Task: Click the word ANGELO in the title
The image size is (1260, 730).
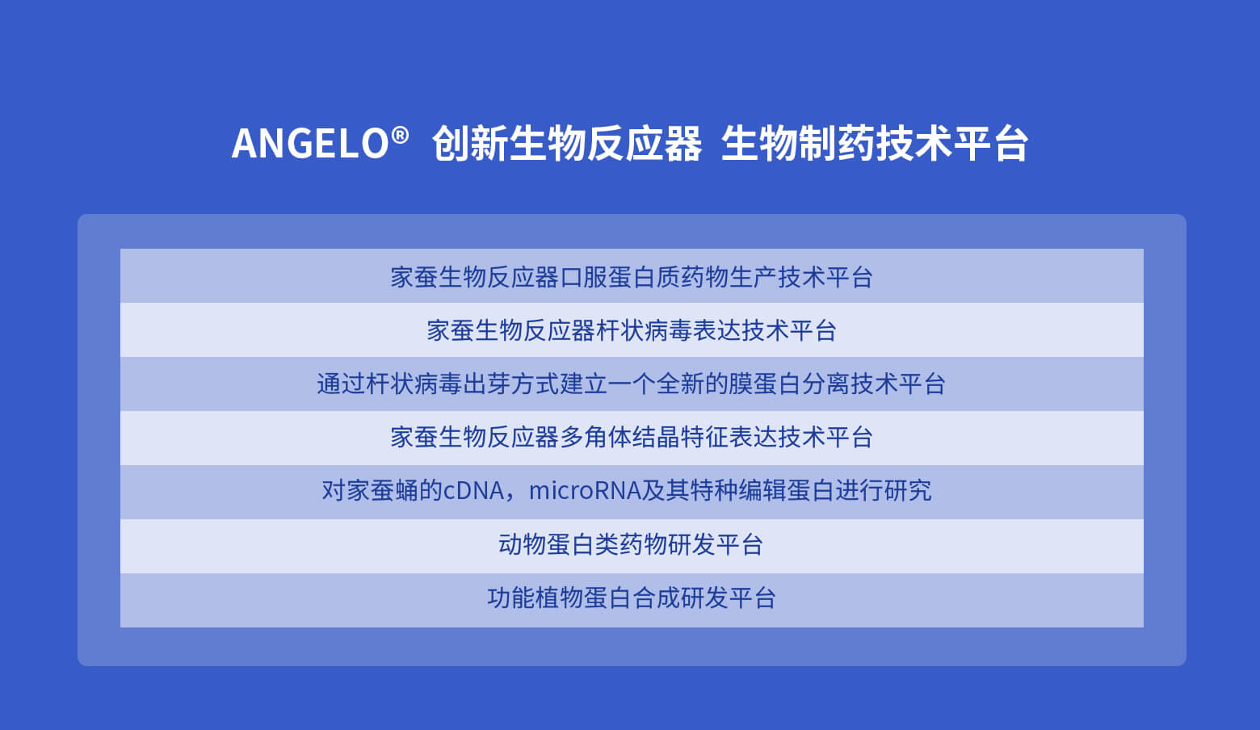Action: click(310, 144)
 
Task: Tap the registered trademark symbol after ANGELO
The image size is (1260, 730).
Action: click(400, 135)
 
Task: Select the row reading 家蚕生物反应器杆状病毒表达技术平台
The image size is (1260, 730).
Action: click(631, 330)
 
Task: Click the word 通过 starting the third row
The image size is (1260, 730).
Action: click(340, 384)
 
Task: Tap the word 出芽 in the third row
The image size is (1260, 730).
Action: click(486, 384)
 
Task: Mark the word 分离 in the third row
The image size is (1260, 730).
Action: click(825, 384)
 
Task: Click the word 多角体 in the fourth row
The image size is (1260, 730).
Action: click(595, 438)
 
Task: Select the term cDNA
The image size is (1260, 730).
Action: click(473, 491)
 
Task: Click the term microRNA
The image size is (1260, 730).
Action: click(585, 491)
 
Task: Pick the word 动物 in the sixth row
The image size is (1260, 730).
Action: click(522, 544)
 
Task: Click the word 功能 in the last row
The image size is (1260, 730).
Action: click(510, 598)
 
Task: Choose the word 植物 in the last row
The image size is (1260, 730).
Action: click(559, 598)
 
